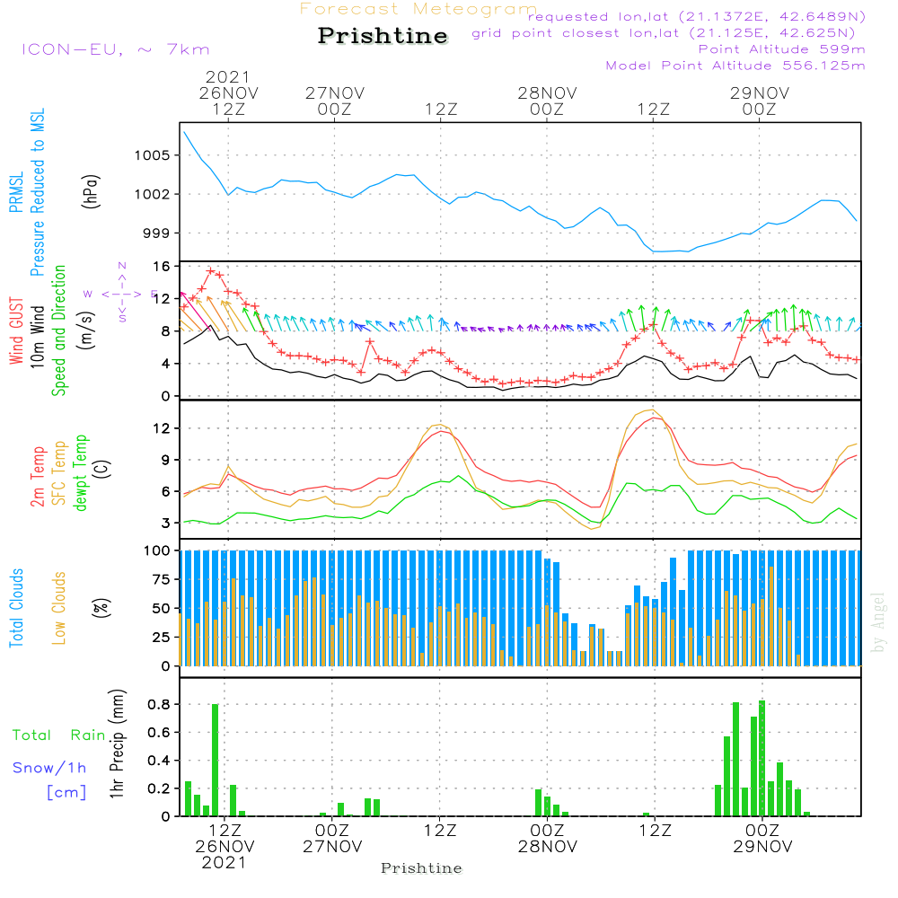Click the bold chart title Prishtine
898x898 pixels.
coord(383,37)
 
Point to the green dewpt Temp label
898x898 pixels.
coord(81,473)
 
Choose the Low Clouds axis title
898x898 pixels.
coord(59,607)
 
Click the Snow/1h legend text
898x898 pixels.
coord(48,768)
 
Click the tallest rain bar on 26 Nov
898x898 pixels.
coord(216,760)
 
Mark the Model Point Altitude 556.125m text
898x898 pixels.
coord(735,66)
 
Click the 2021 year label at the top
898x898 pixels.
coord(228,76)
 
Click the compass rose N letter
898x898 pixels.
coord(122,266)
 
